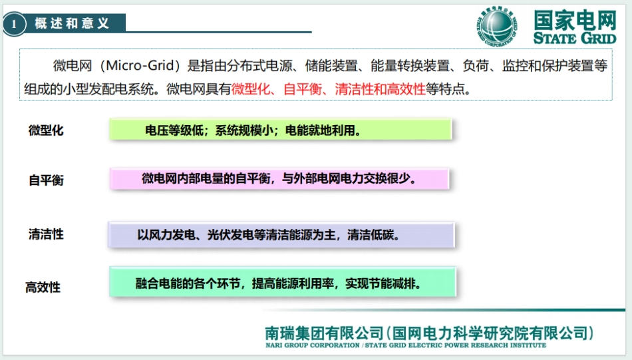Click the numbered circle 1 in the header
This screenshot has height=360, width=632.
13,24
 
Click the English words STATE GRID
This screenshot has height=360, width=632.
575,38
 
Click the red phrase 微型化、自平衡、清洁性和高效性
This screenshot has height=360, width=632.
329,89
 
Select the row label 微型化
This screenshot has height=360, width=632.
46,130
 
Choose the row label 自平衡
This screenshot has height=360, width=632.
46,180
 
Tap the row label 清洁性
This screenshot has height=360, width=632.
46,234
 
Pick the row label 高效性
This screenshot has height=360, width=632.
43,287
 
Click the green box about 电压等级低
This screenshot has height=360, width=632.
280,130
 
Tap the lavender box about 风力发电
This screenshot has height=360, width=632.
280,234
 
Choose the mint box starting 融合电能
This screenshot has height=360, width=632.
282,283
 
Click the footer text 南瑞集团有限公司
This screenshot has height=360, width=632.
324,332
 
